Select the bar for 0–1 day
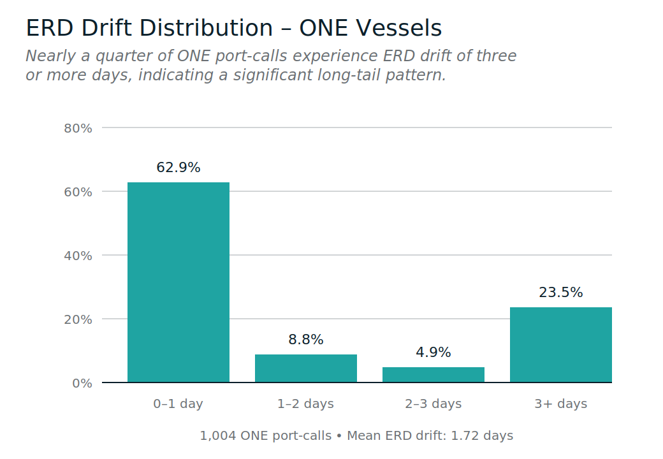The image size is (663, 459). coord(178,282)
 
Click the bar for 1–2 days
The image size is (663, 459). coord(306,368)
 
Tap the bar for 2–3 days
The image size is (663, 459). coord(433,375)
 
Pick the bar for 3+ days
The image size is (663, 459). coord(561,345)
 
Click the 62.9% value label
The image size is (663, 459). coord(178,168)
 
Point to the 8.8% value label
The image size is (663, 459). coord(306,340)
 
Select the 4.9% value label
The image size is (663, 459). coord(433,353)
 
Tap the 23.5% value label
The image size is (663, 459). coord(561,293)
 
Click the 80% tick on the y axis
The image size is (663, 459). coord(78,128)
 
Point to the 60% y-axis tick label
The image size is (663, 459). coord(78,192)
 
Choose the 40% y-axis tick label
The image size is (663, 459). coord(78,256)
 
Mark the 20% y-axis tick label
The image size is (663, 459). coord(78,319)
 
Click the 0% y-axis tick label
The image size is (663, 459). coord(82,383)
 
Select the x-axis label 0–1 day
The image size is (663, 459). coord(178,404)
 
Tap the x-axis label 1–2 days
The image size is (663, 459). coord(306,404)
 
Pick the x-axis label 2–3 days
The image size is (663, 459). coord(433,404)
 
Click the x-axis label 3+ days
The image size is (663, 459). coord(561,404)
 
